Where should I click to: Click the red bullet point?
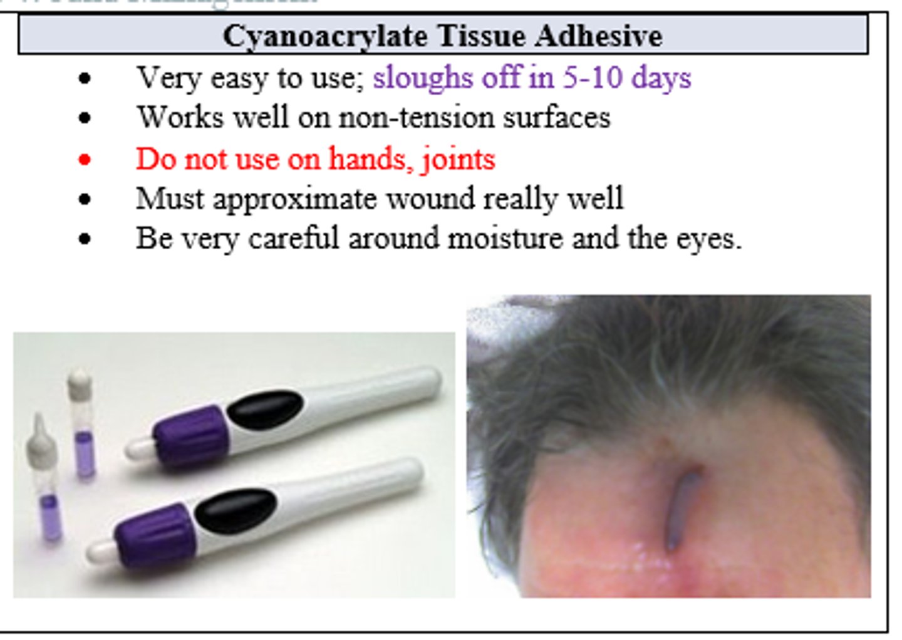(x=85, y=160)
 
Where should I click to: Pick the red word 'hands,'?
(x=369, y=159)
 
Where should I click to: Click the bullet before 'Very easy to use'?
(x=85, y=79)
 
